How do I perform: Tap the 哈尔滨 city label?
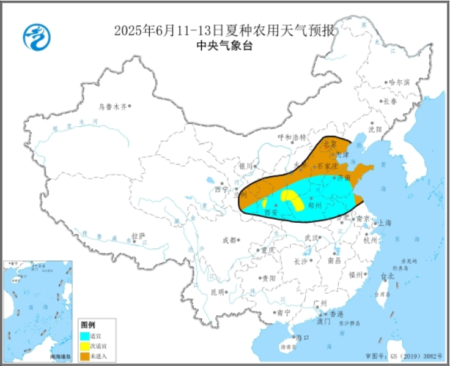(399, 82)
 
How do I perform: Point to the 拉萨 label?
(138, 235)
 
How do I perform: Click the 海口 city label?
(302, 338)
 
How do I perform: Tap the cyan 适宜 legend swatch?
(84, 336)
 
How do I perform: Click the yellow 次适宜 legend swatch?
(84, 346)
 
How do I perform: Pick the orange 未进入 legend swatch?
(84, 356)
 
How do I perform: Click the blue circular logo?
(37, 37)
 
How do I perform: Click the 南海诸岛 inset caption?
(61, 357)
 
